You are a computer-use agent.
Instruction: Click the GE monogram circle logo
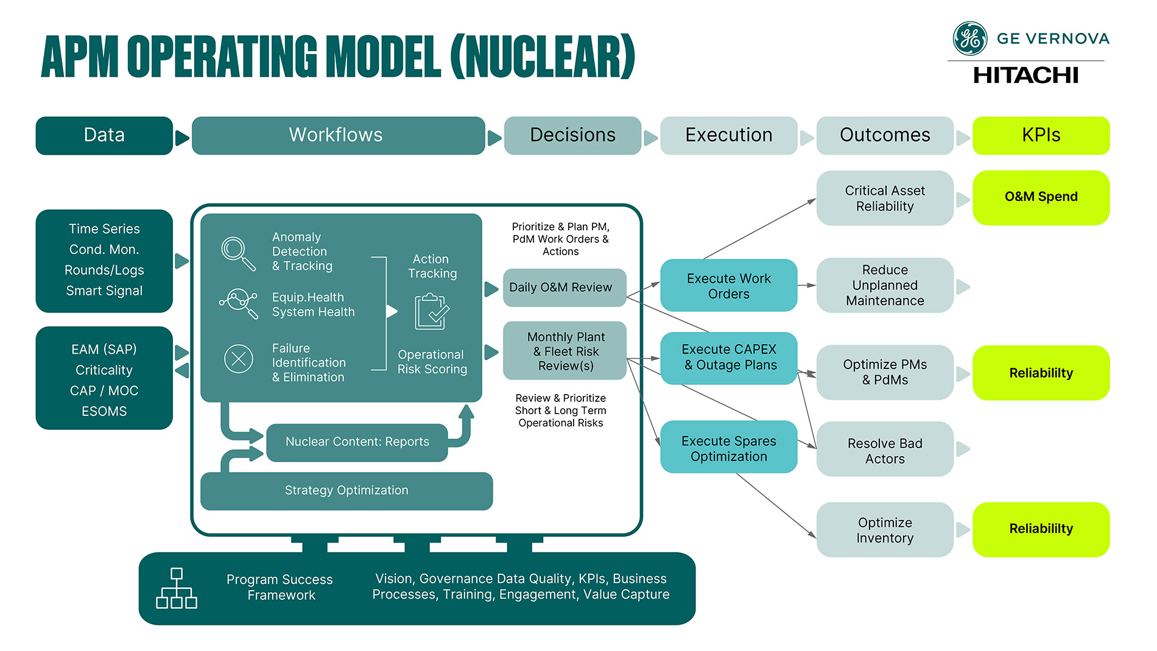pos(969,38)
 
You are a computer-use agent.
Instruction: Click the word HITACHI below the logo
pos(1025,76)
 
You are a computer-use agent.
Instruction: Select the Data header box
pos(104,135)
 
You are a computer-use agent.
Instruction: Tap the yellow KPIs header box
pos(1041,135)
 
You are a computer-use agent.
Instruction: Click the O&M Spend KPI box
pos(1041,197)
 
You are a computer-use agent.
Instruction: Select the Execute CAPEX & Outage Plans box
pos(728,357)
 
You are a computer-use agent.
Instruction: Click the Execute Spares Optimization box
pos(728,448)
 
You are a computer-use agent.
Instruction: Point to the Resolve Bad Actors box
pos(884,450)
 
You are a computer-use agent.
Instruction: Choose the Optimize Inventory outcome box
pos(884,530)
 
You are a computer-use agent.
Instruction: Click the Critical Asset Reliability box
pos(884,199)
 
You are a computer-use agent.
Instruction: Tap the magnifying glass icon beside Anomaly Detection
pos(237,253)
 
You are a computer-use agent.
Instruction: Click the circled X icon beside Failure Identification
pos(239,359)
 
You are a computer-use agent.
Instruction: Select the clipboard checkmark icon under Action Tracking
pos(431,312)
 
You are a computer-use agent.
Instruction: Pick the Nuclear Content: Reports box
pos(357,442)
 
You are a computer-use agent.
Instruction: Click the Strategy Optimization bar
pos(346,491)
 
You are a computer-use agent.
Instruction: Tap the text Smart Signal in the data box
pos(104,291)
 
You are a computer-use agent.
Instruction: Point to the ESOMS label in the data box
pos(104,412)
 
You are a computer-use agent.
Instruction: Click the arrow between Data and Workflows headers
pos(181,138)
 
